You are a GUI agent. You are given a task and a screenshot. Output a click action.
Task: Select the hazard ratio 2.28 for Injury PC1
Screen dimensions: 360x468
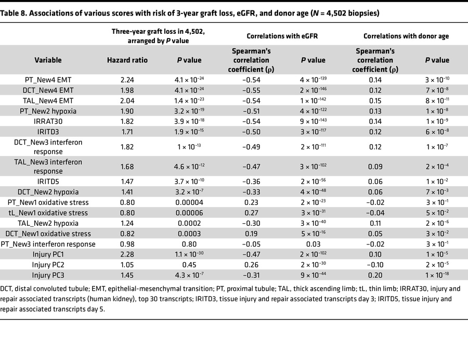(x=127, y=254)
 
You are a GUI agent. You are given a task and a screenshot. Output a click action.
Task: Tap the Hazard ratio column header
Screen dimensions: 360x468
(x=127, y=60)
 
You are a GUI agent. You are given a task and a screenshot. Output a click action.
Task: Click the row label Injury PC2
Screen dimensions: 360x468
(x=48, y=265)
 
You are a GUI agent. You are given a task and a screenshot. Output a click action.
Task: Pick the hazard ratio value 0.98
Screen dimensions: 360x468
(x=127, y=244)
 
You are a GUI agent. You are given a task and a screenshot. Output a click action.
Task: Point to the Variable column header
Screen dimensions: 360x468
(x=48, y=60)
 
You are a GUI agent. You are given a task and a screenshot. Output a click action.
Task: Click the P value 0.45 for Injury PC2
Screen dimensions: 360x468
(x=189, y=265)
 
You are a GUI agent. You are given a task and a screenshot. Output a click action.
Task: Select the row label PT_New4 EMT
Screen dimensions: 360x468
(x=48, y=79)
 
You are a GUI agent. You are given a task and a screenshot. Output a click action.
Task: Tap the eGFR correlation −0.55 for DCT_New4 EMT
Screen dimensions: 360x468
(x=252, y=89)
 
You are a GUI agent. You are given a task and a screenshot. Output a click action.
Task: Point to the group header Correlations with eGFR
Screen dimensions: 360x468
(x=278, y=36)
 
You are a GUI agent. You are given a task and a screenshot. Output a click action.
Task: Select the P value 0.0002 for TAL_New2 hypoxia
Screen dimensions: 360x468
(x=189, y=223)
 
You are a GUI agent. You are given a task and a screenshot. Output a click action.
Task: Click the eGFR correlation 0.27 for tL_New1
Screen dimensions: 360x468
(x=252, y=213)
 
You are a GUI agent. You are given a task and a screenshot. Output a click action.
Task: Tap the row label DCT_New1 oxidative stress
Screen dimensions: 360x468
(x=48, y=234)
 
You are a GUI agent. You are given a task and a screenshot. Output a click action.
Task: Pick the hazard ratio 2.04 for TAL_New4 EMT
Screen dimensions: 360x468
(x=127, y=100)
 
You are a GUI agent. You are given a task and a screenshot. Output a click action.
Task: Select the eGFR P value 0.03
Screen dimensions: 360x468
(x=314, y=244)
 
